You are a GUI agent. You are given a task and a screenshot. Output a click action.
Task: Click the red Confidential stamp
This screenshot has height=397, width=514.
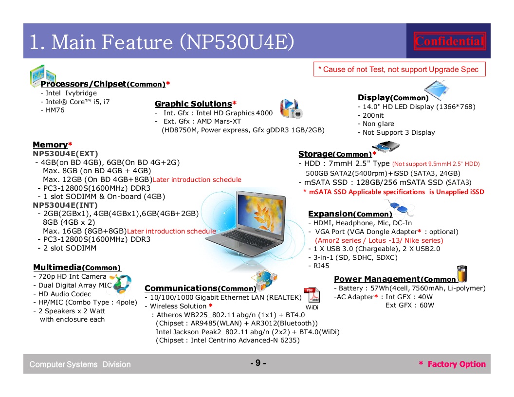449,41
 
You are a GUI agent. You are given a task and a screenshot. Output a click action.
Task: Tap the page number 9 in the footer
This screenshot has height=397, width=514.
258,363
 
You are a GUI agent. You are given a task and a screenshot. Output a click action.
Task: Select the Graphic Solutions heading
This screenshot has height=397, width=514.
193,104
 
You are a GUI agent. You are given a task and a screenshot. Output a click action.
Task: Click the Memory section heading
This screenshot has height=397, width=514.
50,145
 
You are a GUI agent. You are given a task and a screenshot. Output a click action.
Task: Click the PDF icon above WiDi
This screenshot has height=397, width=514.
312,295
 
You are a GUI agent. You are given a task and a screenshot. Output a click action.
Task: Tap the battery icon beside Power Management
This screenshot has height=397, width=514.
462,274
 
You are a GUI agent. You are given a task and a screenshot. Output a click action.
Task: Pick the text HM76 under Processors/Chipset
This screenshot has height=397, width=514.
55,110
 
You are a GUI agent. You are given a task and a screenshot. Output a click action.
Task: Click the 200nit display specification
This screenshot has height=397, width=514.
373,115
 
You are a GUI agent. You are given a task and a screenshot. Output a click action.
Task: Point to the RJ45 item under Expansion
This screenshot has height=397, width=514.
321,266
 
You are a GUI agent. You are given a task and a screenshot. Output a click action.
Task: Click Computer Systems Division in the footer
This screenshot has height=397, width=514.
80,364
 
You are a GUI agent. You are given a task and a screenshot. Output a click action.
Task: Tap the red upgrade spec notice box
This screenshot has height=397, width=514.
399,69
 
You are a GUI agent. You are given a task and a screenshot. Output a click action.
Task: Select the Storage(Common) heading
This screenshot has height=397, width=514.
335,154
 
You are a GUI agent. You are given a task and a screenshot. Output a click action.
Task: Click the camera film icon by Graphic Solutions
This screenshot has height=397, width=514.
291,108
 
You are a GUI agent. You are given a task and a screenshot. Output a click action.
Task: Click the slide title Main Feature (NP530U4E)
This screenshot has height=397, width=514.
162,42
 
